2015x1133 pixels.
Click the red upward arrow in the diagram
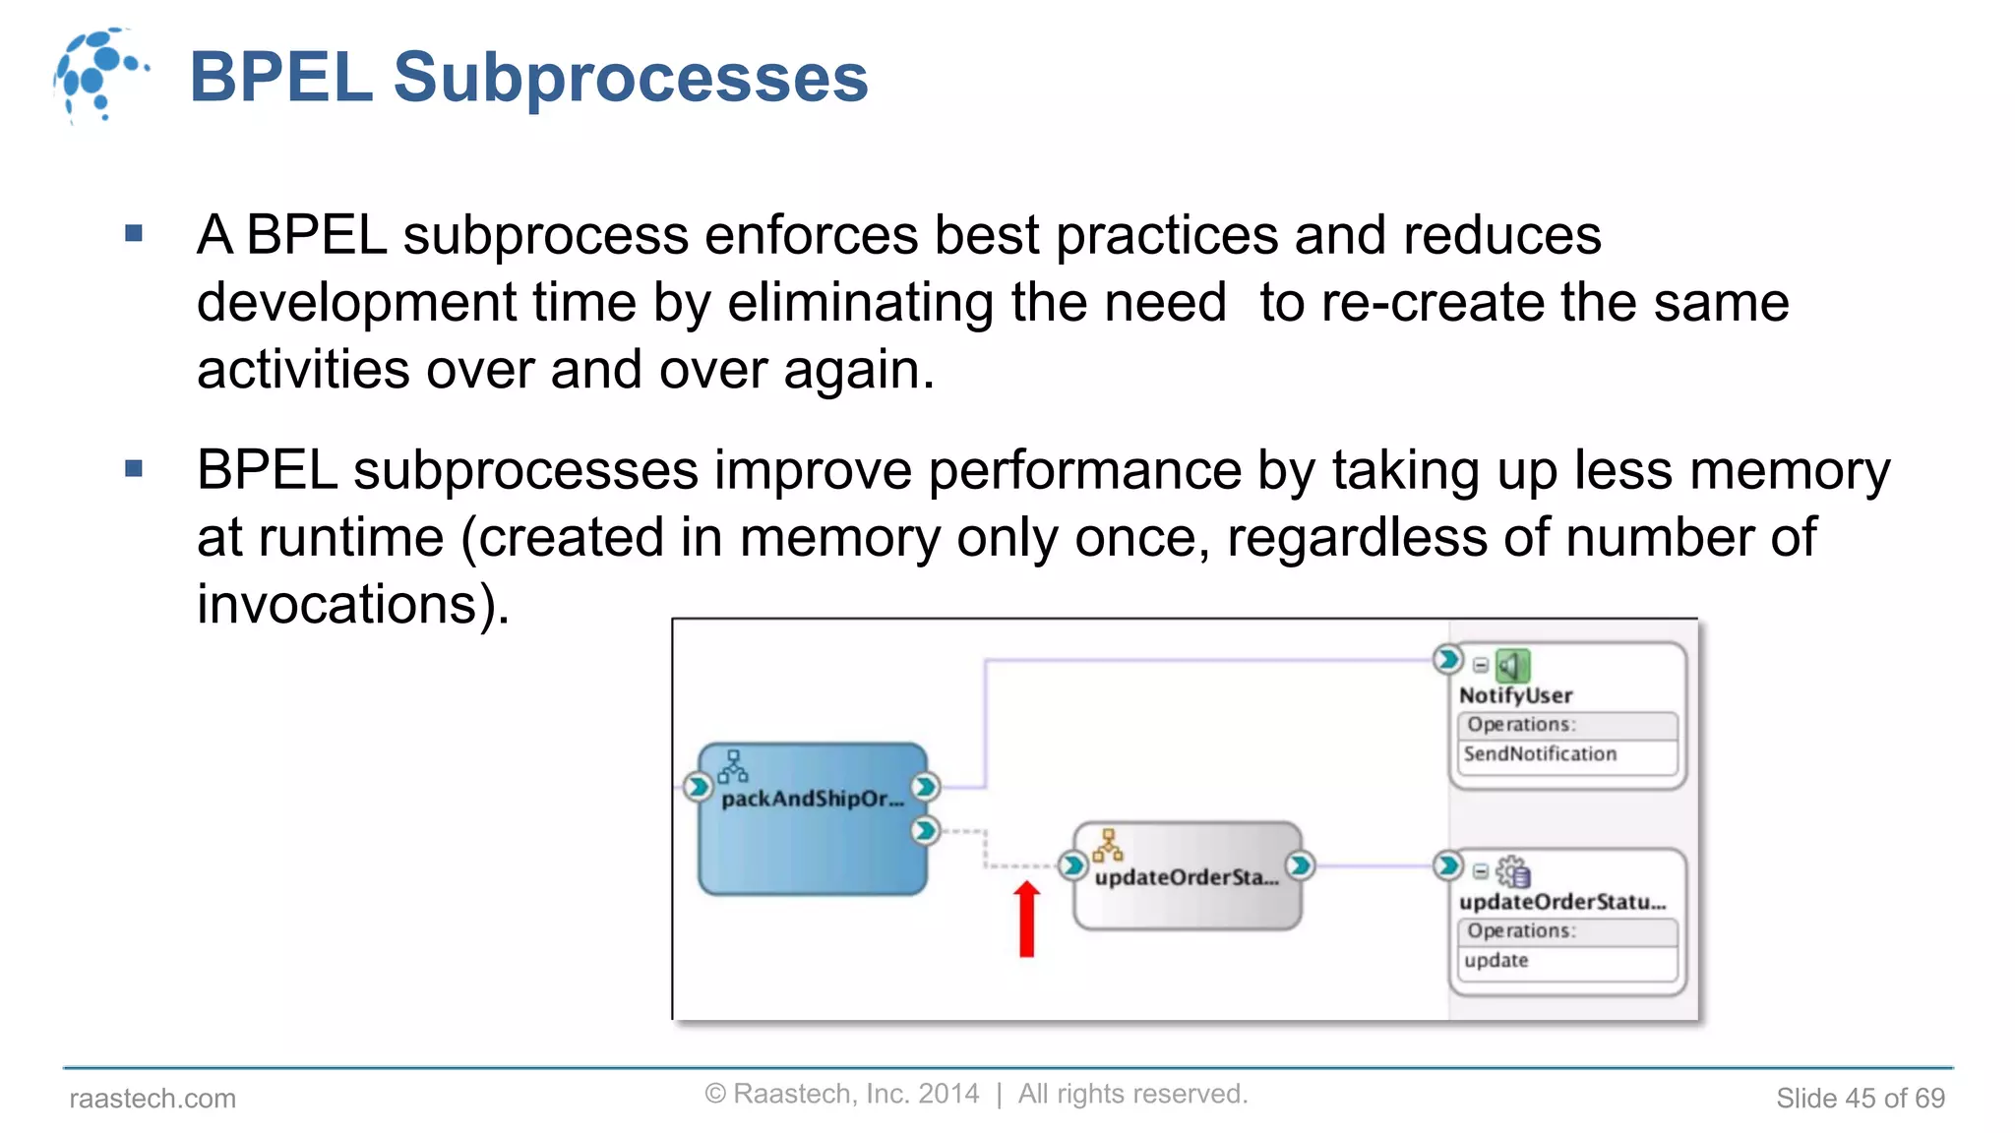(1026, 919)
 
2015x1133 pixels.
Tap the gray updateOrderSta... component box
(1187, 876)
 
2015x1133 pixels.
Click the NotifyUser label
(1515, 695)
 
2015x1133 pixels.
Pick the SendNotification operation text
(1540, 754)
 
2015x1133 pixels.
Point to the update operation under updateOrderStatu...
(1496, 961)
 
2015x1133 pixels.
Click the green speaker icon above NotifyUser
(1512, 666)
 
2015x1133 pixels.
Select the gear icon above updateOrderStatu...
(1512, 871)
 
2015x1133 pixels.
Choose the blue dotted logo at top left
(98, 75)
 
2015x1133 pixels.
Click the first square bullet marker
(135, 234)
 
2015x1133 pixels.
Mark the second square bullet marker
(135, 469)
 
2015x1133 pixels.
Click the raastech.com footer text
(153, 1099)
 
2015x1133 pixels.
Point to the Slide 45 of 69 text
(1860, 1099)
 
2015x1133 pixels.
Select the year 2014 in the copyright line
(947, 1094)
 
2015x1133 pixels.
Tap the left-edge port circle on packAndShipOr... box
(698, 787)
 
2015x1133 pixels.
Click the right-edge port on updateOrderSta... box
(1300, 865)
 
